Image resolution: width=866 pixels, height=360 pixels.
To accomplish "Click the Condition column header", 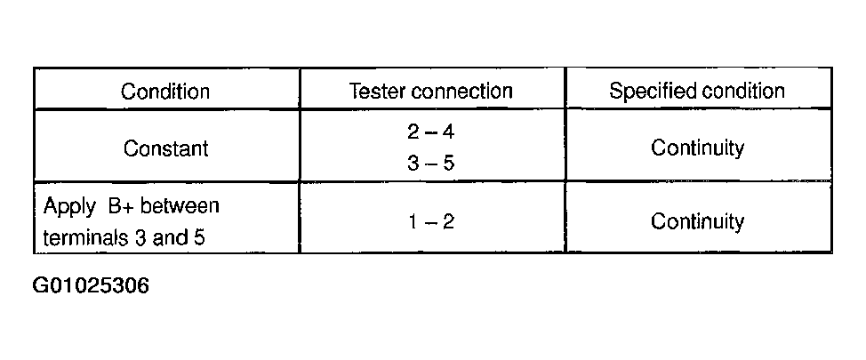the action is [x=165, y=91].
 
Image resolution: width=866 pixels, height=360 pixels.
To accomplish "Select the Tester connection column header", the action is [x=431, y=91].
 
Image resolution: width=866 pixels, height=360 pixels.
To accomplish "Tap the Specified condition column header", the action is [x=697, y=91].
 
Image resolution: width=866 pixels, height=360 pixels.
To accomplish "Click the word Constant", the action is [x=165, y=148].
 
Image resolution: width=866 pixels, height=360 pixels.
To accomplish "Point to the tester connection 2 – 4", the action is [x=431, y=132].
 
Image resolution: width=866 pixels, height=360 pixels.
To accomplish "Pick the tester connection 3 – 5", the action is [x=431, y=164].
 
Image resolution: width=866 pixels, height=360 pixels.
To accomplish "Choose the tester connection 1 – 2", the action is [x=431, y=222].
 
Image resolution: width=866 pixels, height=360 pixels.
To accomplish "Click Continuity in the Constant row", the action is [x=697, y=148].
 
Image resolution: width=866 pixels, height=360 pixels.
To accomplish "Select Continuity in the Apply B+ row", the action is [x=697, y=222].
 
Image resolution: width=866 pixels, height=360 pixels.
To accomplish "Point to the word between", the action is [x=180, y=206].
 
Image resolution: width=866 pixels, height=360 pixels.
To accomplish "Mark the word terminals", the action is [x=85, y=237].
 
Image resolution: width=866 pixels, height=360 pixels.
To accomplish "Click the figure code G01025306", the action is [x=91, y=285].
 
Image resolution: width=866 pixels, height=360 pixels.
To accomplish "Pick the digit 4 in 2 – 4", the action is [x=448, y=132].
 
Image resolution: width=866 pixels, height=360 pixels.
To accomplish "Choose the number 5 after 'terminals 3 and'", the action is [x=199, y=237].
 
